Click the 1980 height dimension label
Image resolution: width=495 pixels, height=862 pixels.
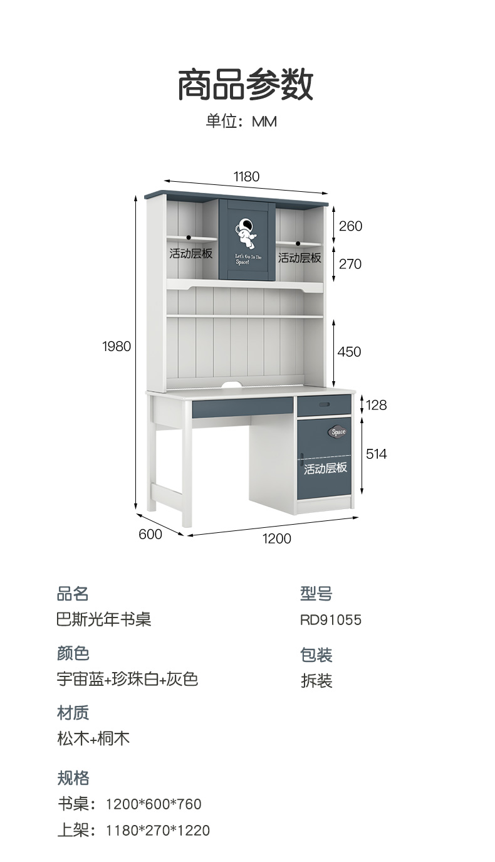pyautogui.click(x=117, y=346)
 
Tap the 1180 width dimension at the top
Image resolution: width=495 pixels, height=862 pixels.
pyautogui.click(x=246, y=177)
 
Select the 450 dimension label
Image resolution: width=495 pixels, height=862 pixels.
pyautogui.click(x=349, y=352)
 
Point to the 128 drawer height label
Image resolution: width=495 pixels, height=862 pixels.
pyautogui.click(x=376, y=405)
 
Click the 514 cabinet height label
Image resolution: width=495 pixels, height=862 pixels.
pyautogui.click(x=376, y=453)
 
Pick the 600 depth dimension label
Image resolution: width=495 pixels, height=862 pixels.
pyautogui.click(x=150, y=534)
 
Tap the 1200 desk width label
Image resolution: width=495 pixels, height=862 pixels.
pyautogui.click(x=276, y=538)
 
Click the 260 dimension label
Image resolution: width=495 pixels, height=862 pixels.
pyautogui.click(x=350, y=226)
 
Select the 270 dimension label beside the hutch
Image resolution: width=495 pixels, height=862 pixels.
pyautogui.click(x=350, y=264)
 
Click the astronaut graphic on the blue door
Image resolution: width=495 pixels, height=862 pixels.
pyautogui.click(x=246, y=232)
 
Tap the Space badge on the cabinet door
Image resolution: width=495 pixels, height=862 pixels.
pyautogui.click(x=338, y=432)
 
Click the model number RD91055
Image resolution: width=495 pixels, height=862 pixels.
pyautogui.click(x=331, y=620)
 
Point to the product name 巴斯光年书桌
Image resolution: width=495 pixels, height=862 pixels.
pyautogui.click(x=104, y=619)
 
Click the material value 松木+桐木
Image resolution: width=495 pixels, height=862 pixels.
pyautogui.click(x=93, y=738)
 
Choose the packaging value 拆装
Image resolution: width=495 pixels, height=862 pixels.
pyautogui.click(x=316, y=681)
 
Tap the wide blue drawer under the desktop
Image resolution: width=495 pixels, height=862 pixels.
pyautogui.click(x=242, y=407)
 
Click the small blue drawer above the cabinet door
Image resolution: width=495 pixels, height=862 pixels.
pyautogui.click(x=324, y=405)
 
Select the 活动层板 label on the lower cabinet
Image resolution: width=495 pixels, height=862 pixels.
pyautogui.click(x=325, y=468)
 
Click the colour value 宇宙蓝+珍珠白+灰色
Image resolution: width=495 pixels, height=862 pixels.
pyautogui.click(x=127, y=679)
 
